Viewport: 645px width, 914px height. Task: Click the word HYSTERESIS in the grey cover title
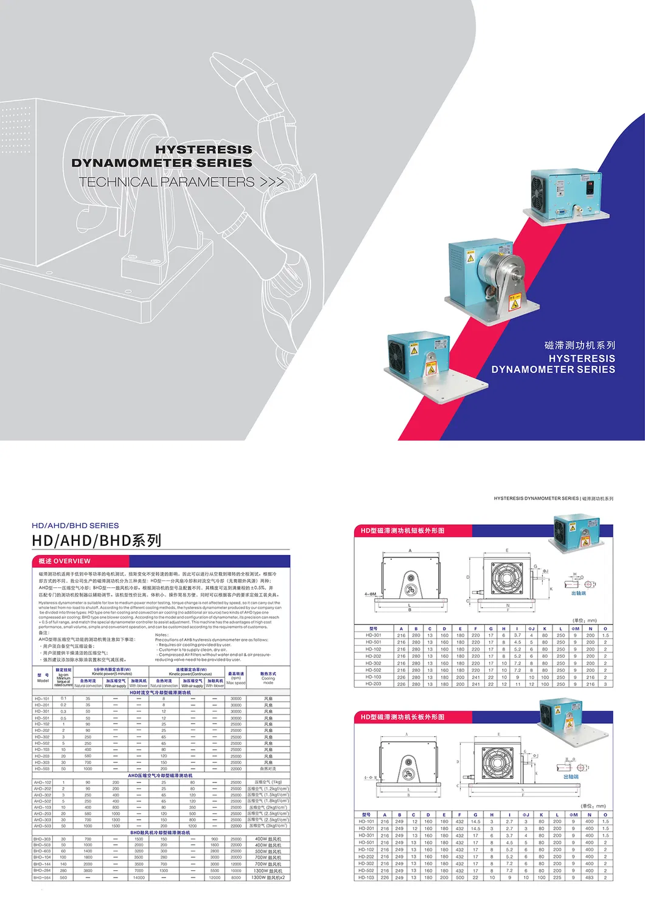tap(203, 150)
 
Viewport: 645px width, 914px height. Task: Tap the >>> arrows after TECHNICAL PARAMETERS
tap(272, 182)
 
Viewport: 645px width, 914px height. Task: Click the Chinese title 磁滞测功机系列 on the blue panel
tap(579, 345)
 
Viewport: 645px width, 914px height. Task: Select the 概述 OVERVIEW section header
tap(64, 561)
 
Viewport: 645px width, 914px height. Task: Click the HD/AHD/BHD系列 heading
tap(96, 540)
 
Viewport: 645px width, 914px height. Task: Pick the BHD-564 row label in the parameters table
tap(42, 877)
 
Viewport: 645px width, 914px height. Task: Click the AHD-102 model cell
tap(42, 782)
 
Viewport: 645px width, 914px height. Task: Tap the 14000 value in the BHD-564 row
tap(139, 877)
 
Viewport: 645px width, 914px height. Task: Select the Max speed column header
tap(236, 678)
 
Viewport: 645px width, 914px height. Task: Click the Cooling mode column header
tap(268, 678)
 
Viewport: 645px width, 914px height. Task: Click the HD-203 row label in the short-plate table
tap(374, 684)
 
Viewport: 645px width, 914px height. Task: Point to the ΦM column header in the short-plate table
tap(574, 629)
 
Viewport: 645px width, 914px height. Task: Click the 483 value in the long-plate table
tap(589, 877)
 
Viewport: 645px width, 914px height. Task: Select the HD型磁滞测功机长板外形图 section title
tap(402, 717)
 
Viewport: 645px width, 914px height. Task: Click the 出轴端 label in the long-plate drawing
tap(571, 776)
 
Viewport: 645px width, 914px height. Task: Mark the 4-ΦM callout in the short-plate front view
tap(370, 595)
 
